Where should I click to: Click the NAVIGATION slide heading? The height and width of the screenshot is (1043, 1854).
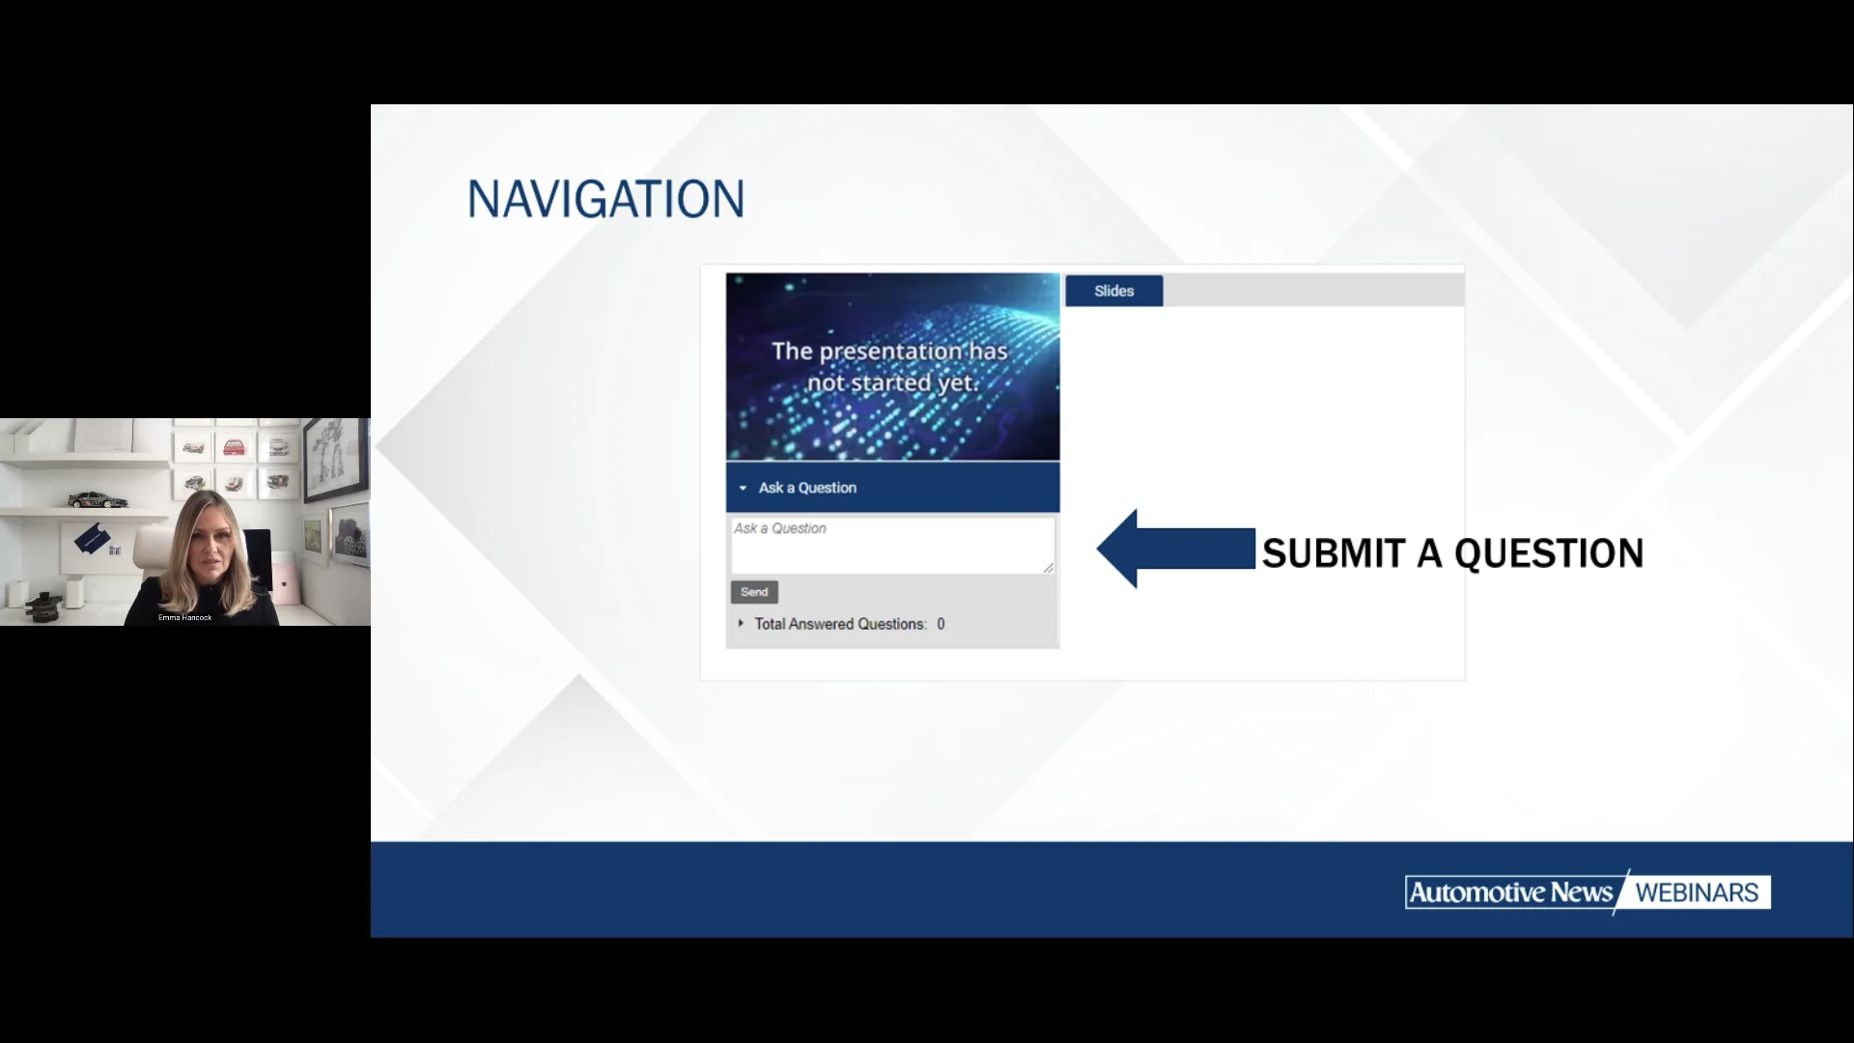[605, 199]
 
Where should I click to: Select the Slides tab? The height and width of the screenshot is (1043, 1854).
[1113, 291]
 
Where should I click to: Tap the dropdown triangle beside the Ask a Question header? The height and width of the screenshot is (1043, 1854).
[743, 489]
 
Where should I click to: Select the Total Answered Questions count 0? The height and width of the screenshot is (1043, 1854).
[941, 624]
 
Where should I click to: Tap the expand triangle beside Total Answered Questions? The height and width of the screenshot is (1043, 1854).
[741, 624]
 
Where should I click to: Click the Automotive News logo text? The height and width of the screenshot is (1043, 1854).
[1510, 892]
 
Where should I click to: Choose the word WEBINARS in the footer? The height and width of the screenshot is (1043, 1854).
[1697, 892]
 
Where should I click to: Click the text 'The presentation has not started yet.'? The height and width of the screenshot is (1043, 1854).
[890, 367]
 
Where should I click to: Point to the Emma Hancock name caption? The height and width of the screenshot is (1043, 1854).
[184, 617]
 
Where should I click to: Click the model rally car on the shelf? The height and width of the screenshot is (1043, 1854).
[98, 499]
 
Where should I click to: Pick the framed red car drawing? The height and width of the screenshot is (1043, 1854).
[234, 447]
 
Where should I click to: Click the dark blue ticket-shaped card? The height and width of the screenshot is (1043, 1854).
[92, 538]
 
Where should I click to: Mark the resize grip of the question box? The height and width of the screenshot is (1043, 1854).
[1048, 568]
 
